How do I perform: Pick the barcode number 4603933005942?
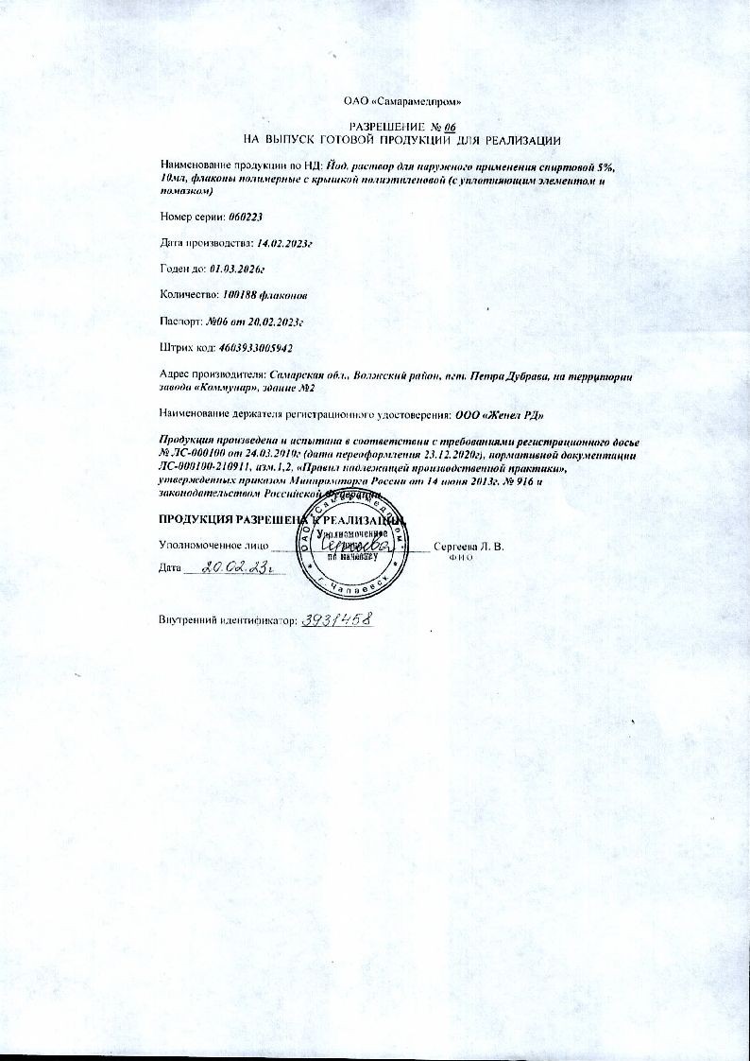[262, 349]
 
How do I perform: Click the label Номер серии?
[186, 217]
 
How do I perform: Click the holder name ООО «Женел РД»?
[498, 415]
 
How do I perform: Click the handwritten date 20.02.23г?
[230, 568]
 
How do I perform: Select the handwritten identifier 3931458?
[334, 619]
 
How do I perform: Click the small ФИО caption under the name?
[460, 558]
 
